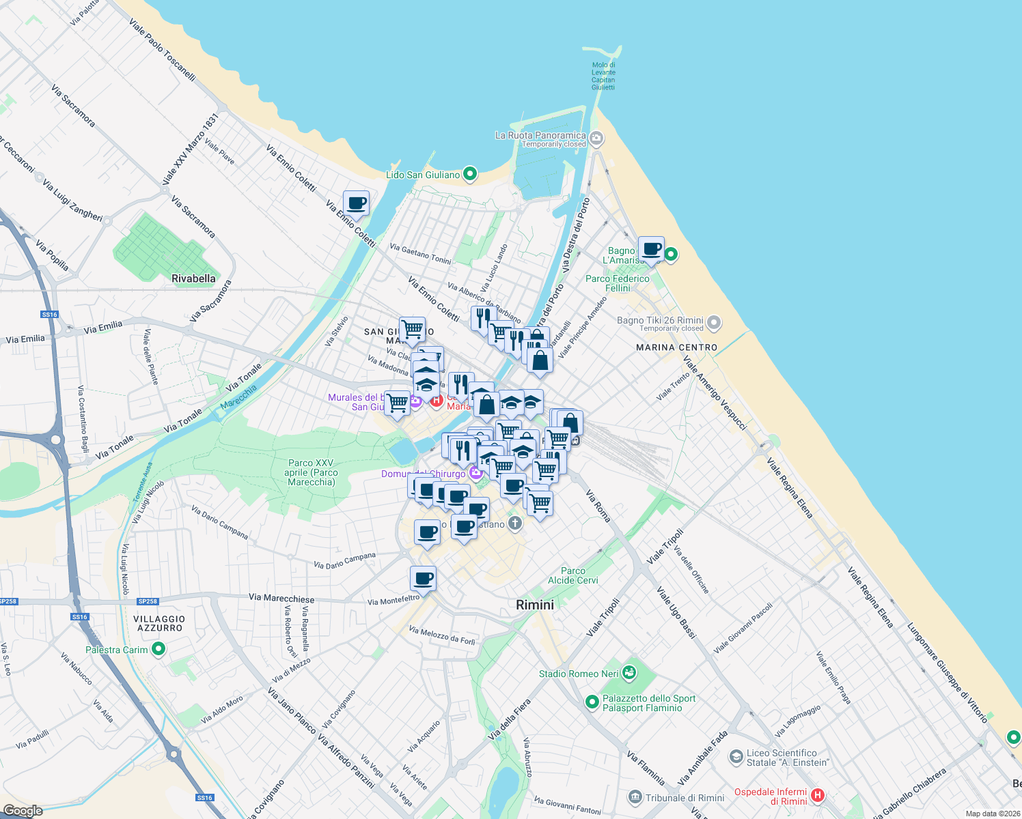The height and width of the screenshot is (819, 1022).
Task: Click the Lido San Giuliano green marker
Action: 469,174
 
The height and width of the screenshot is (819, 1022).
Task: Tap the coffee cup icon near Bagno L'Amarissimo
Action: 651,249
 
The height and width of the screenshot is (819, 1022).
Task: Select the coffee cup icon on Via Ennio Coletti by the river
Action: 356,203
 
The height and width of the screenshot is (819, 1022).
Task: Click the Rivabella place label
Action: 193,278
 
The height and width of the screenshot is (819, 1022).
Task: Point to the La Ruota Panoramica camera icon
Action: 596,139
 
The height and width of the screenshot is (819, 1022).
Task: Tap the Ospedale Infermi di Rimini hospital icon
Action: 817,796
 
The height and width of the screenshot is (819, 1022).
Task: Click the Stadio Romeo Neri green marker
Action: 629,674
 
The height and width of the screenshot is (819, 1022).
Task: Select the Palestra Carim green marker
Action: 158,649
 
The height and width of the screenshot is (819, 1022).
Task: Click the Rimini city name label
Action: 535,605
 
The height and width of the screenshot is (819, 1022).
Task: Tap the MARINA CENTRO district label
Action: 676,347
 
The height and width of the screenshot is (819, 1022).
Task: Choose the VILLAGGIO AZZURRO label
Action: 159,623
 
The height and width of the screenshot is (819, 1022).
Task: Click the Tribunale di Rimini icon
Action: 635,797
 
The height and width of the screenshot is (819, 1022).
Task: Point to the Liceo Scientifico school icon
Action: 736,757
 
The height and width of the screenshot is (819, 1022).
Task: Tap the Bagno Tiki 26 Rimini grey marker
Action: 714,321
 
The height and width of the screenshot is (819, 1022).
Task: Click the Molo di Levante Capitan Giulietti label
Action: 603,76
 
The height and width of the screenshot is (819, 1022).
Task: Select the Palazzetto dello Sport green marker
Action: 592,702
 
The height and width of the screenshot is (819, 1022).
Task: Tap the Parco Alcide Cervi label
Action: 572,575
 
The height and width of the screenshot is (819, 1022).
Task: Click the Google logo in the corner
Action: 23,811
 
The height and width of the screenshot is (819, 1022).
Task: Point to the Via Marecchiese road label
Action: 281,598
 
